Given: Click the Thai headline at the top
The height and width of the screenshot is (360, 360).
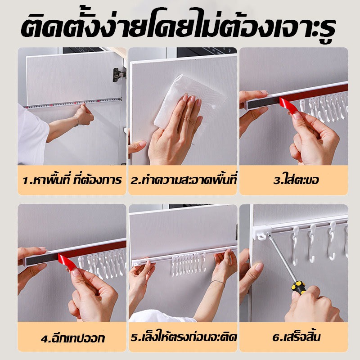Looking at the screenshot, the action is tap(178, 25).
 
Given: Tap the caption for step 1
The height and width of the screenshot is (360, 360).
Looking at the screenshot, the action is tap(72, 180).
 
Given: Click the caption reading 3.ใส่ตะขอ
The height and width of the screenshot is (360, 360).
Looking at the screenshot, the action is tap(296, 180).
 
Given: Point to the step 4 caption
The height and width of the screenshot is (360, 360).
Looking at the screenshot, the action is tap(73, 337).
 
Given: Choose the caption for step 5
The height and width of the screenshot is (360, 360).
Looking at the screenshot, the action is tap(184, 337).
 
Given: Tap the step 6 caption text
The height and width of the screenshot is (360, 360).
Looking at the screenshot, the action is tap(296, 337).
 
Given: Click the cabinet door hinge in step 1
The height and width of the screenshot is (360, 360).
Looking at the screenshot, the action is tap(119, 74).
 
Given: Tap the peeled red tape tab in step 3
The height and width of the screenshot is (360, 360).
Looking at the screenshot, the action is tap(290, 106).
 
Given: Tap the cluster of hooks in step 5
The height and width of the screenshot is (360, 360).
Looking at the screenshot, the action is tap(188, 264).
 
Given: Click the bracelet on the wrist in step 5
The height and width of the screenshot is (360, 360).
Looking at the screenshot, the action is tap(217, 283).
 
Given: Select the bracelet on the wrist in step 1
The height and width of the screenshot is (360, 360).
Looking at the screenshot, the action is tap(77, 121).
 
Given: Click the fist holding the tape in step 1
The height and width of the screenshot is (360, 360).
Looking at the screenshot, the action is tap(84, 114).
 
